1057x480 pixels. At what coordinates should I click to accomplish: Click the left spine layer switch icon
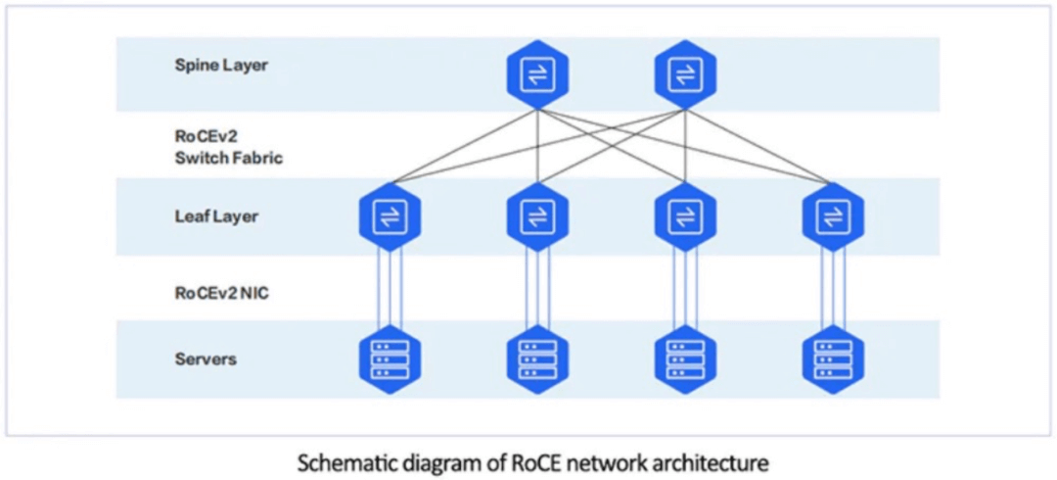537,75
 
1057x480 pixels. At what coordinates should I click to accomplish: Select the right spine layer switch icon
684,75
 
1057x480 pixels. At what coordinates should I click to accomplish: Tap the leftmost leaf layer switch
391,216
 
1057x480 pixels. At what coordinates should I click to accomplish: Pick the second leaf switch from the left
537,216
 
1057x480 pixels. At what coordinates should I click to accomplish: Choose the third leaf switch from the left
684,216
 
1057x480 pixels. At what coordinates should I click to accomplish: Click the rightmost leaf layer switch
832,216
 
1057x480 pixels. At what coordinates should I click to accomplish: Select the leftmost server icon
391,360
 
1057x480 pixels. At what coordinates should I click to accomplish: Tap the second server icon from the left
537,360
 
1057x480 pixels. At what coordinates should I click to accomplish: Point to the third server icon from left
684,360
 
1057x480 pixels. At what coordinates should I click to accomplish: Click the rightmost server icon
832,360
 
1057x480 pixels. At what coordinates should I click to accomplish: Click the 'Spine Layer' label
220,66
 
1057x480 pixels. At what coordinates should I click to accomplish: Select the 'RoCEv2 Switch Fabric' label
228,146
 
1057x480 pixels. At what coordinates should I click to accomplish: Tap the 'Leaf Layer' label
216,216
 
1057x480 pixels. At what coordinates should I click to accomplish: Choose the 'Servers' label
206,360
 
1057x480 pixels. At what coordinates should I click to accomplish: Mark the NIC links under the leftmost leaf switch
391,289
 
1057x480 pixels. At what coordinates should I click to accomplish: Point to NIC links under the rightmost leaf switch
832,289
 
